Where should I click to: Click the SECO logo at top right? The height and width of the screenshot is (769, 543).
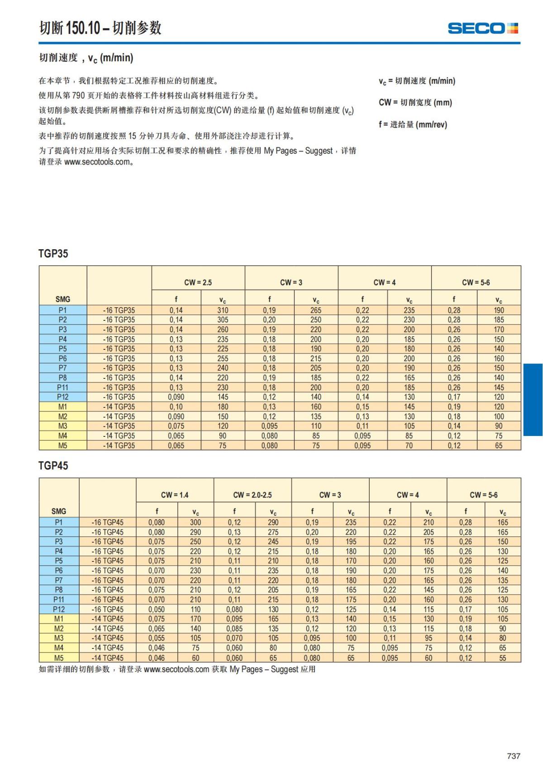482,28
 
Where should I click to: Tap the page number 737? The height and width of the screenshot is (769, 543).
514,756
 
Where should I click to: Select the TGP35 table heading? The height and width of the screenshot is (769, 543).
53,253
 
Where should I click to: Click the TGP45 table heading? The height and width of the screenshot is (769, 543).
53,465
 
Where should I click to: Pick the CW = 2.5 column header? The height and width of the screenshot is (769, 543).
198,282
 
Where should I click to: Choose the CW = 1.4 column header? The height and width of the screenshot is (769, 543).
175,495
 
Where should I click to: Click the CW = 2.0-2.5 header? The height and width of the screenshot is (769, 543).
252,495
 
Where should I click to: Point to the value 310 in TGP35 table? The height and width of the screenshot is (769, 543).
223,310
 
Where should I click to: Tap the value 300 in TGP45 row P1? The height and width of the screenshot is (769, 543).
195,522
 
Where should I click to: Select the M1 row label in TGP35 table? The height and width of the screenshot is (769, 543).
62,406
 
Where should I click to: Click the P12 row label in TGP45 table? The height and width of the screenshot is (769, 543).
59,609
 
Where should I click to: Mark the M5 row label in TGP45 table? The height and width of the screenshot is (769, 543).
59,658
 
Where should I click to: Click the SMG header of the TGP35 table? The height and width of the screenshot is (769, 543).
63,299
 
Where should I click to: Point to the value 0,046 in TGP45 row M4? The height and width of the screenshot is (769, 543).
157,648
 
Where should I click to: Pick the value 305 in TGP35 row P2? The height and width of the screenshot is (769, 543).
223,320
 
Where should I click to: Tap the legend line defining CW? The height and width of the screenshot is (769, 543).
415,102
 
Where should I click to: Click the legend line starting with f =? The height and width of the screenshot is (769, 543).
413,124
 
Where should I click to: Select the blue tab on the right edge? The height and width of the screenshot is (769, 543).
533,399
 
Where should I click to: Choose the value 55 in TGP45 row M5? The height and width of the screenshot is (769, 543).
503,658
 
